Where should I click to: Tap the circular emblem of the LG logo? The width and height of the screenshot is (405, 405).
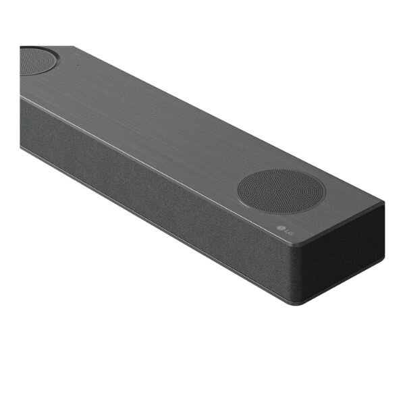point(280,228)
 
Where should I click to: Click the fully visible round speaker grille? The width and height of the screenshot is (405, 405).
point(281,192)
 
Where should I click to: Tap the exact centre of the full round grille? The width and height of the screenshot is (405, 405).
point(281,192)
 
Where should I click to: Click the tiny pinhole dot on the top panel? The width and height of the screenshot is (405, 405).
point(77,64)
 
